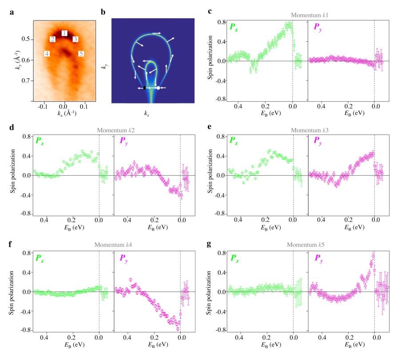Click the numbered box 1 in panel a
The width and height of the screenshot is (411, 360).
point(64,33)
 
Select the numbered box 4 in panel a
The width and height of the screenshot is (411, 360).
point(47,54)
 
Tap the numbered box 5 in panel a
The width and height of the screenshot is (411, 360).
point(81,54)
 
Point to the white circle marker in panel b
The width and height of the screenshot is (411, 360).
point(158,88)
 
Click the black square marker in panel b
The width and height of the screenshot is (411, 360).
point(144,88)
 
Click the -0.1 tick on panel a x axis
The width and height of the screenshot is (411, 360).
point(43,107)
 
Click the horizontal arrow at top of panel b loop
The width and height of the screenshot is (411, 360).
point(157,33)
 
